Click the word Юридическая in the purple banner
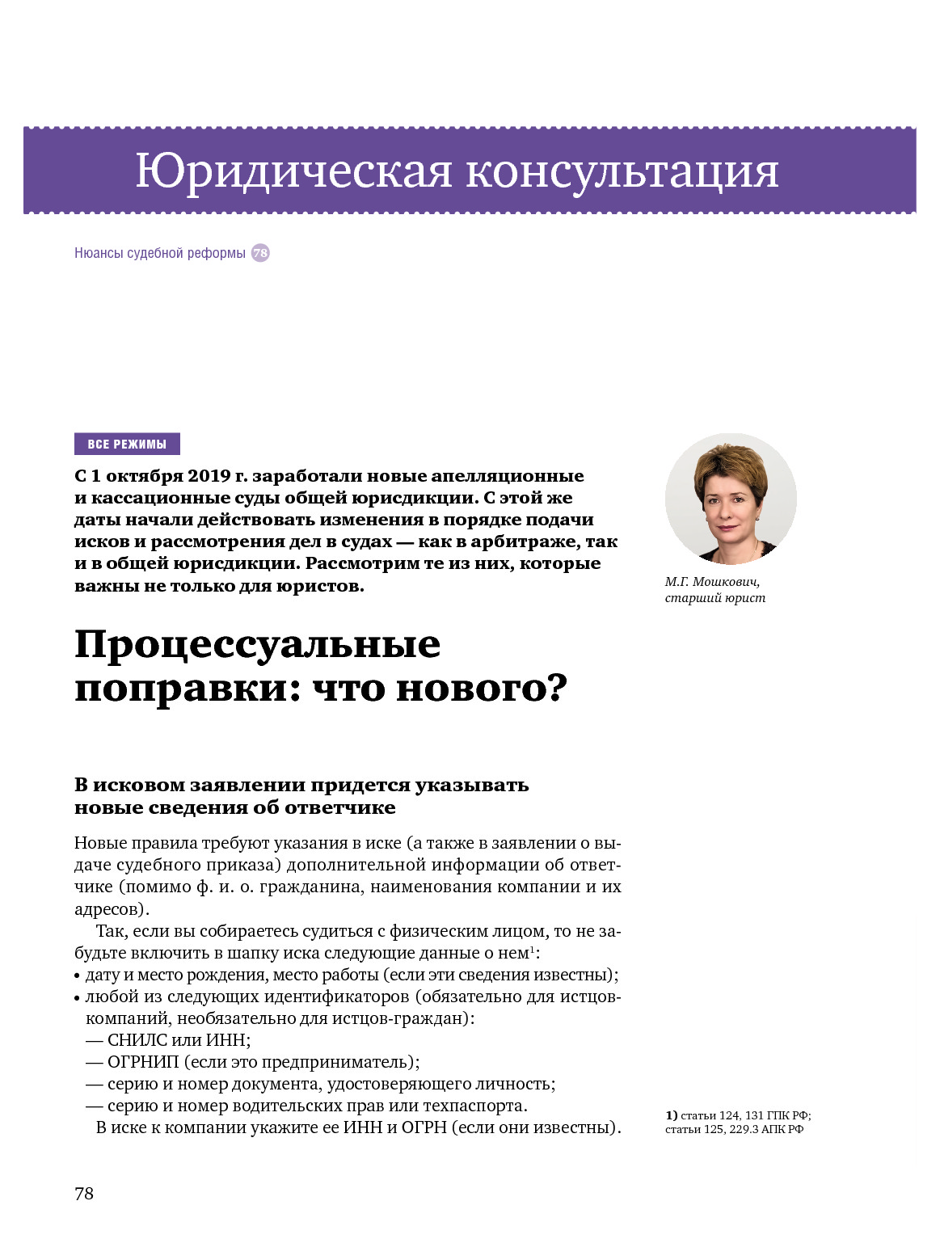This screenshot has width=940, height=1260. (x=293, y=171)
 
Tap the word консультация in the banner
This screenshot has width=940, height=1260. (x=622, y=171)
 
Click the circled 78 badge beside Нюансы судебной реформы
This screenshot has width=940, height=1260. (x=260, y=253)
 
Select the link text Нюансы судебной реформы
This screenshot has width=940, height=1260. (x=160, y=253)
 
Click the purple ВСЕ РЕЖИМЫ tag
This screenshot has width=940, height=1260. (x=127, y=444)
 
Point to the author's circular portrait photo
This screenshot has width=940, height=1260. (x=731, y=499)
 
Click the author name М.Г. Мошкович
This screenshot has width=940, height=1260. (x=712, y=582)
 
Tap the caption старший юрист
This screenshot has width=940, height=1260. (x=714, y=598)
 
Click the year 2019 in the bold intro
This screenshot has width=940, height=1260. (x=209, y=476)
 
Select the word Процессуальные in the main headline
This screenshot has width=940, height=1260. (x=257, y=645)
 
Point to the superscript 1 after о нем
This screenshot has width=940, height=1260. (x=531, y=949)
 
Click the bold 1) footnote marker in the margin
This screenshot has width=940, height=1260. (x=671, y=1115)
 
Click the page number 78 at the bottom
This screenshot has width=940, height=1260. (x=84, y=1194)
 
